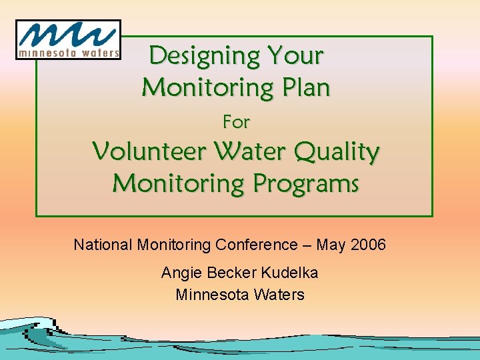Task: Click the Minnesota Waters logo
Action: pyautogui.click(x=68, y=39)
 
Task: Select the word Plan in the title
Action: pyautogui.click(x=305, y=87)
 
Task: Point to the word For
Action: pyautogui.click(x=236, y=122)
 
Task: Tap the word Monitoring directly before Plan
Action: pyautogui.click(x=207, y=87)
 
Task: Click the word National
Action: pyautogui.click(x=103, y=245)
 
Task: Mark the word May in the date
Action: pyautogui.click(x=331, y=245)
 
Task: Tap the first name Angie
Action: pyautogui.click(x=178, y=273)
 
